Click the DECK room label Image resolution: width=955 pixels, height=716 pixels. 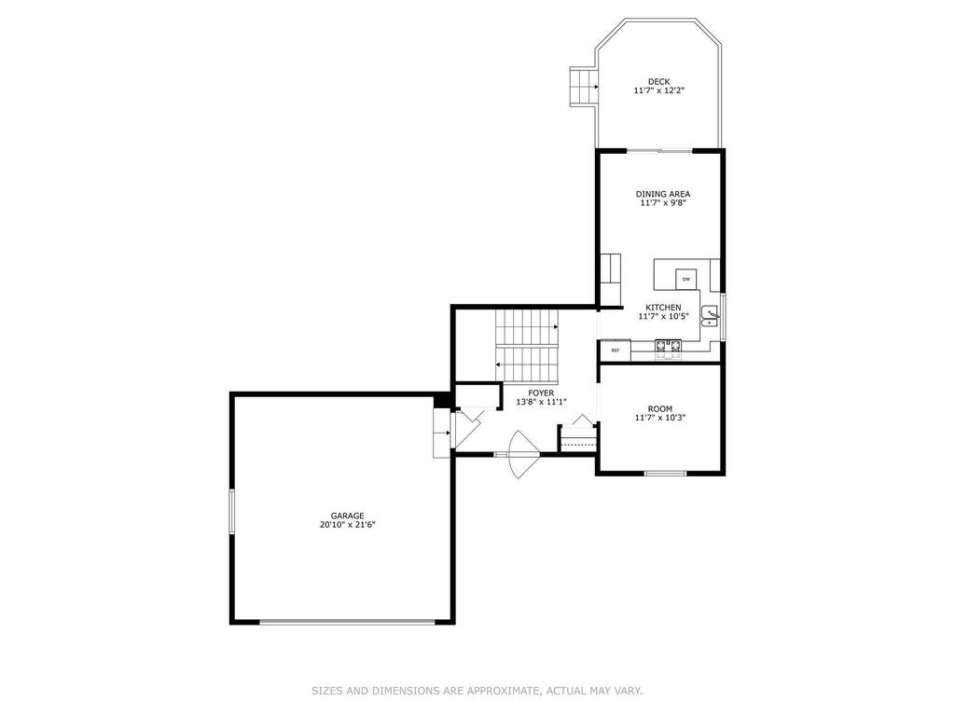(658, 82)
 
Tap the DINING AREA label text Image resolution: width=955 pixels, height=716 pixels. (663, 194)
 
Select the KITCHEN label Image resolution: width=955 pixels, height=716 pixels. (663, 308)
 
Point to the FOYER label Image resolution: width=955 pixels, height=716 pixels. (541, 393)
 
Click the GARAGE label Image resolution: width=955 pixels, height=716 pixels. (347, 516)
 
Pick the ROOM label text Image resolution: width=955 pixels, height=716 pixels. (660, 409)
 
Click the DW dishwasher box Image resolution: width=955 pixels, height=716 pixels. (686, 279)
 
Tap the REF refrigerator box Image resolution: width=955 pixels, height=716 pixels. (616, 351)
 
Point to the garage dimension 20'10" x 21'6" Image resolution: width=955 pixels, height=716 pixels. (347, 525)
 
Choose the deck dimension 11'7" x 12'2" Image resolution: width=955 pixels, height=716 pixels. (659, 90)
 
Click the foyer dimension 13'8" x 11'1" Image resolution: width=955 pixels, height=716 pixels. (542, 403)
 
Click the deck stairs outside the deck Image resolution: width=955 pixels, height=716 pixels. (582, 87)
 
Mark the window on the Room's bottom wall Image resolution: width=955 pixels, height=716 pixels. (665, 473)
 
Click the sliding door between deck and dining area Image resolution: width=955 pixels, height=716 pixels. (660, 150)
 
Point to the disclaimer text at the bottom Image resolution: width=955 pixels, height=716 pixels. (477, 691)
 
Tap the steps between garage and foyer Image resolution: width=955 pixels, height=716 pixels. (441, 433)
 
